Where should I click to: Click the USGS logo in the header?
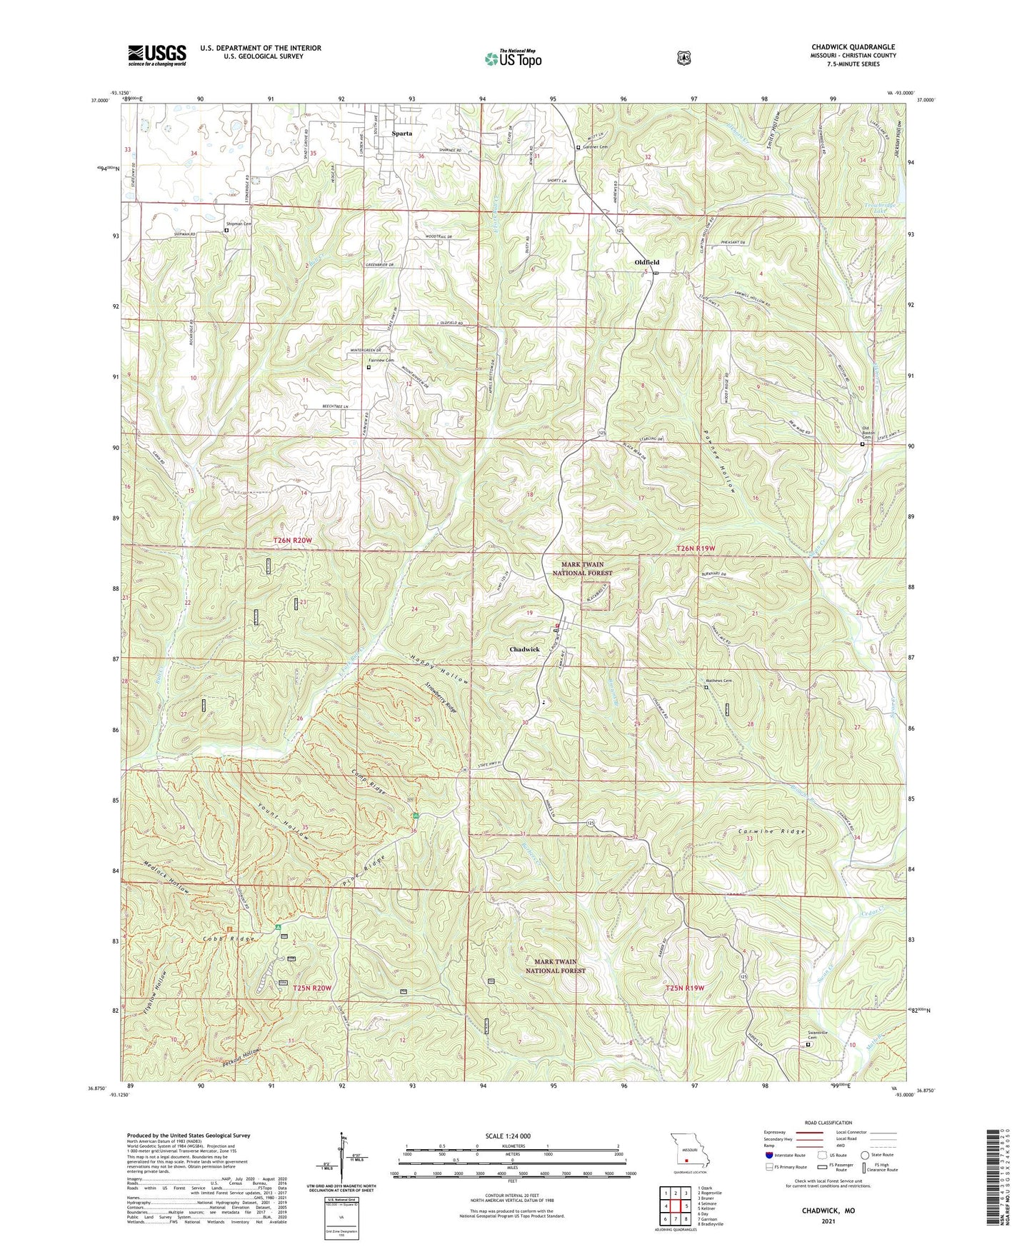156,55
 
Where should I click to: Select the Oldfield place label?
646,263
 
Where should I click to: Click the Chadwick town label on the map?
524,649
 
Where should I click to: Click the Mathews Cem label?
719,681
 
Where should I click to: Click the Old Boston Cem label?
865,433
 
